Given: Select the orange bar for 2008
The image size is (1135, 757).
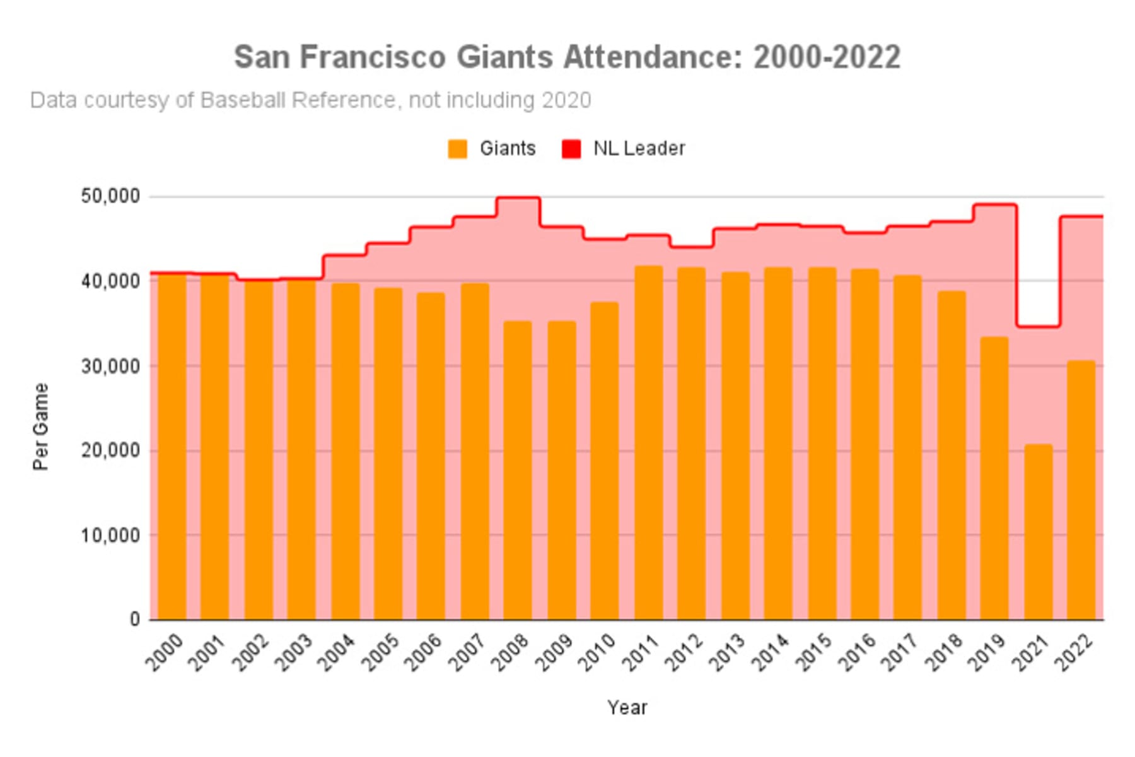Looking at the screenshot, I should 518,470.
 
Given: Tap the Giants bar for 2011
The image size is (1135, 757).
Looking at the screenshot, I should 648,442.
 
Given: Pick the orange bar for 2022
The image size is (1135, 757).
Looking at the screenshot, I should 1081,490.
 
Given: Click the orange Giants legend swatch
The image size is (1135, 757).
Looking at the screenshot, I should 458,149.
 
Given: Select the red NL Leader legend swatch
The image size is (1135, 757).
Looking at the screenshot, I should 571,149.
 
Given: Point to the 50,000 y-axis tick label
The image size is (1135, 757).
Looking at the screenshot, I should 110,196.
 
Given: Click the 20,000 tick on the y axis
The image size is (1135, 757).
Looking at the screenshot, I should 110,450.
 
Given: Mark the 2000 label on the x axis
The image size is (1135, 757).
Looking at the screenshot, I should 165,652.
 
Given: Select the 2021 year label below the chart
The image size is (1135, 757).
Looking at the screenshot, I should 1030,652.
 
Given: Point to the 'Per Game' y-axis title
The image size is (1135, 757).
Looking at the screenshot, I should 40,426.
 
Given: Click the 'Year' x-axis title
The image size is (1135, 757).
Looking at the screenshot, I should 627,708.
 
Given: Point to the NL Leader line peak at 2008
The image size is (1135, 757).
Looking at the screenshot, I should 518,198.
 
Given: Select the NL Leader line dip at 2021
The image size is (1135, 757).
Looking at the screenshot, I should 1038,326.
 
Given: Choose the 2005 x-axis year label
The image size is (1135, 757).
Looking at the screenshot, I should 381,652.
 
